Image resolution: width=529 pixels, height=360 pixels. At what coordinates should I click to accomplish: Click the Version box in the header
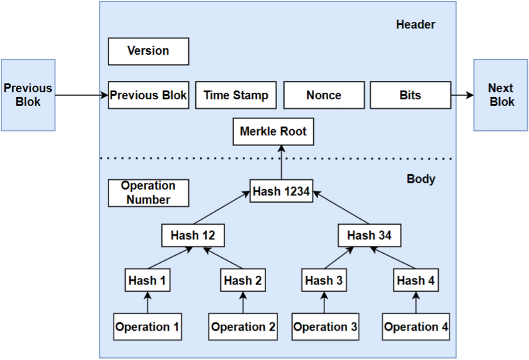pyautogui.click(x=149, y=51)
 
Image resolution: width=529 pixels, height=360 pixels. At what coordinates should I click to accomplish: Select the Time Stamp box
pyautogui.click(x=236, y=95)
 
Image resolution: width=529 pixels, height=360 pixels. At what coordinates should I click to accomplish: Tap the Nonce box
pyautogui.click(x=324, y=95)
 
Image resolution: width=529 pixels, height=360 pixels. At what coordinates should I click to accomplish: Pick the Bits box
pyautogui.click(x=410, y=95)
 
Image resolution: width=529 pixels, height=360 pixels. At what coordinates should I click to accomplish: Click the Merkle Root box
pyautogui.click(x=273, y=131)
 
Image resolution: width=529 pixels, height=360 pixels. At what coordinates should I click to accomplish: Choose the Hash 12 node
pyautogui.click(x=193, y=236)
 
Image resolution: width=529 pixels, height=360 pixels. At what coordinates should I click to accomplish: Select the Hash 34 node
pyautogui.click(x=369, y=236)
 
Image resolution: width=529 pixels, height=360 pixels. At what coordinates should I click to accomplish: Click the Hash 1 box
pyautogui.click(x=148, y=280)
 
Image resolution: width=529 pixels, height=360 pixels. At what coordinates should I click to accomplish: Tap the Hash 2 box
pyautogui.click(x=243, y=280)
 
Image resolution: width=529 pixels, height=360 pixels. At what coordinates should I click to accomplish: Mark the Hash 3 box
pyautogui.click(x=324, y=280)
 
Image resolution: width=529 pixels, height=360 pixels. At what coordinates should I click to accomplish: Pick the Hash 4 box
pyautogui.click(x=417, y=280)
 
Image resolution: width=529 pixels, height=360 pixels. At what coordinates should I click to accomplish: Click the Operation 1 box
pyautogui.click(x=147, y=327)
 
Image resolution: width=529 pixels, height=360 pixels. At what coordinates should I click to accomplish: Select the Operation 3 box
pyautogui.click(x=325, y=327)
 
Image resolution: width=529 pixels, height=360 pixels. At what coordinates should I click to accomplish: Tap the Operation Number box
pyautogui.click(x=149, y=193)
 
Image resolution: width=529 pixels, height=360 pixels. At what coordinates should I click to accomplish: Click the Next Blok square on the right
pyautogui.click(x=501, y=95)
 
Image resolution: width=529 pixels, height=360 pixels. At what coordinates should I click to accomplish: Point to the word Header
pyautogui.click(x=415, y=25)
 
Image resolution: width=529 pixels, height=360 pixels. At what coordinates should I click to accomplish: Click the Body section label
pyautogui.click(x=421, y=179)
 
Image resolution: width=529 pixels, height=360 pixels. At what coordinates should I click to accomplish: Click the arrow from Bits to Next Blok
pyautogui.click(x=462, y=95)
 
